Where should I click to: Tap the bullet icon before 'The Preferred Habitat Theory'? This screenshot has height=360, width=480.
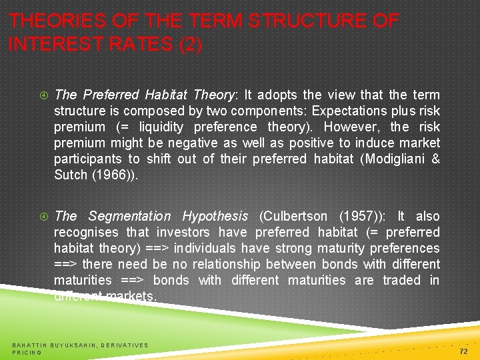coord(43,95)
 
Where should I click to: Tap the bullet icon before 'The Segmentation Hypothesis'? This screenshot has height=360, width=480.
coord(43,216)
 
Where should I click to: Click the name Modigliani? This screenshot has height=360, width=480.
coord(392,159)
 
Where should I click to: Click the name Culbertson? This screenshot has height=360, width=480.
coord(293,216)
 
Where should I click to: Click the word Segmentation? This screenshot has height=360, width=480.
coord(129,216)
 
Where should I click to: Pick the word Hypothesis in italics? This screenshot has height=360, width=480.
coord(215,216)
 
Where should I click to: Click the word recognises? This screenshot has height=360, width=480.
coord(87,232)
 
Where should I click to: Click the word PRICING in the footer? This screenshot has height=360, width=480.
coord(27,352)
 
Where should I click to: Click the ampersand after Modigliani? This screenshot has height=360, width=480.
coord(436,159)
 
